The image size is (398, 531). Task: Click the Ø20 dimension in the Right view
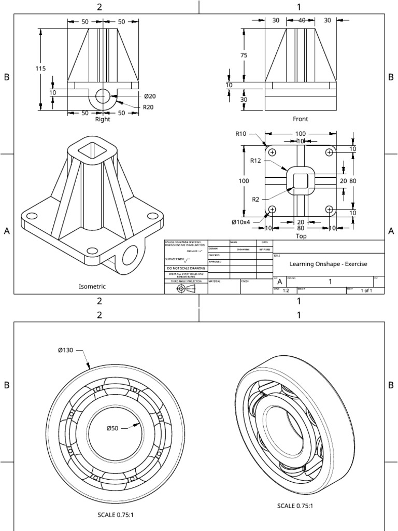(150, 96)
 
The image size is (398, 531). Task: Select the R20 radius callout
(149, 107)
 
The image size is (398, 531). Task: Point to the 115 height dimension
(33, 68)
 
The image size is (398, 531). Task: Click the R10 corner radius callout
(240, 133)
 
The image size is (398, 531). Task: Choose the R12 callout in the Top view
(255, 160)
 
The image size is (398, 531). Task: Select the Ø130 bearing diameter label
(66, 351)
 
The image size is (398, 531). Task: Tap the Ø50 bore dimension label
(112, 428)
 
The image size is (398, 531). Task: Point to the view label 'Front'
(300, 119)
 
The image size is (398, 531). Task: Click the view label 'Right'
(103, 119)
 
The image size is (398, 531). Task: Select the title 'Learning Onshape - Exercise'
(328, 264)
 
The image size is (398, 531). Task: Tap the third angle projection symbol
(186, 288)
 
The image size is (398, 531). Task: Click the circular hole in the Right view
(103, 95)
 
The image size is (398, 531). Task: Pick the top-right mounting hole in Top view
(329, 152)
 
